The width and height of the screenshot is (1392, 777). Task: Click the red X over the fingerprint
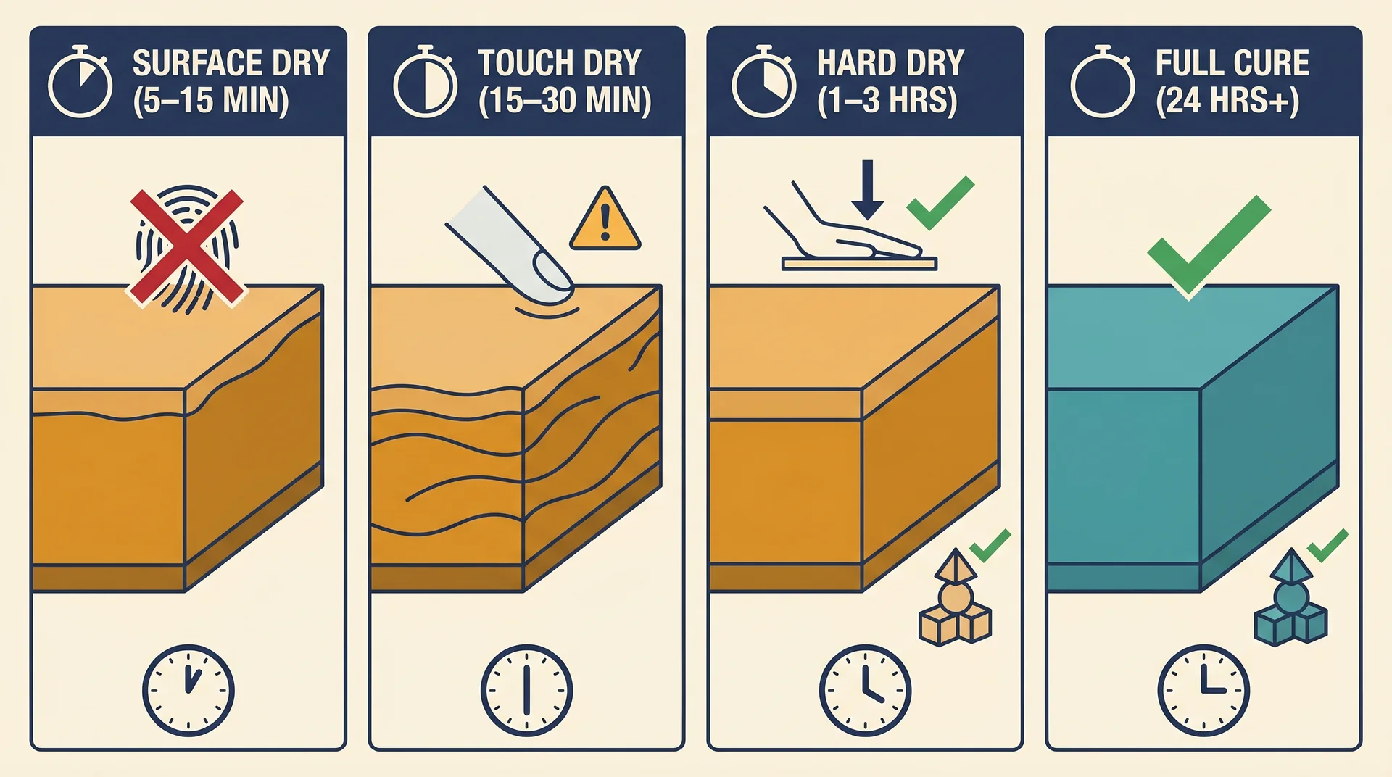point(187,246)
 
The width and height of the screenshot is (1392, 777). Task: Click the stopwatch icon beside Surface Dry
point(80,83)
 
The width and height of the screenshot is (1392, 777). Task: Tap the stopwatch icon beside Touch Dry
point(426,83)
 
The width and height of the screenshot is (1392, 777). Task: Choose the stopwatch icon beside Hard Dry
point(764,83)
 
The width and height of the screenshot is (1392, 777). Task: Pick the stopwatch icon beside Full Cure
point(1103,83)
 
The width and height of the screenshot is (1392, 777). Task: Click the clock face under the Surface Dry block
point(188,690)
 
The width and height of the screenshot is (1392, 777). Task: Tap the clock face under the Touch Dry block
point(526,690)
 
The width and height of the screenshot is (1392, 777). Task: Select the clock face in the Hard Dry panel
point(865,690)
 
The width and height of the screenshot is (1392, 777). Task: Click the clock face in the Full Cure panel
point(1203,690)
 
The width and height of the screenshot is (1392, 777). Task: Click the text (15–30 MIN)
point(565,101)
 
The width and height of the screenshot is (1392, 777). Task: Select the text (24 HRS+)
point(1227,101)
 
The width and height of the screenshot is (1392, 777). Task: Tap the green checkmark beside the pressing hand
point(940,202)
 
